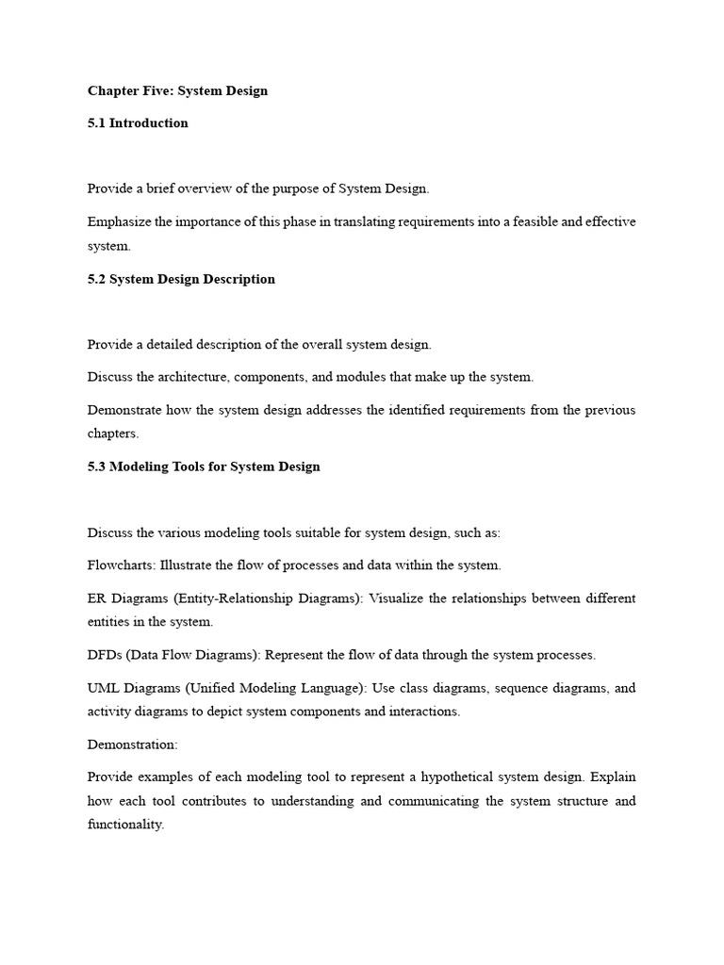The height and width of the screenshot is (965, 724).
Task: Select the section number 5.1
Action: [x=97, y=123]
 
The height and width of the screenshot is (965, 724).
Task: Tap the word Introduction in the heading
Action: [x=149, y=123]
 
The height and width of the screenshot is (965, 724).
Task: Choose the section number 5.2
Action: [x=97, y=279]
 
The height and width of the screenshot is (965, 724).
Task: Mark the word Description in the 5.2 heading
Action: [x=239, y=279]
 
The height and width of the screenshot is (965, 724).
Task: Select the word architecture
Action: [x=196, y=377]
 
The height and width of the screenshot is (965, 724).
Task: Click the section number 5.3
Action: [x=97, y=466]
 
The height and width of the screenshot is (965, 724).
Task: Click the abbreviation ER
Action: [x=97, y=598]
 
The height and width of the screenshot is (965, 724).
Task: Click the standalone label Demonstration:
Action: [x=132, y=744]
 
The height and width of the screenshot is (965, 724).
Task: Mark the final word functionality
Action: [x=125, y=824]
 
